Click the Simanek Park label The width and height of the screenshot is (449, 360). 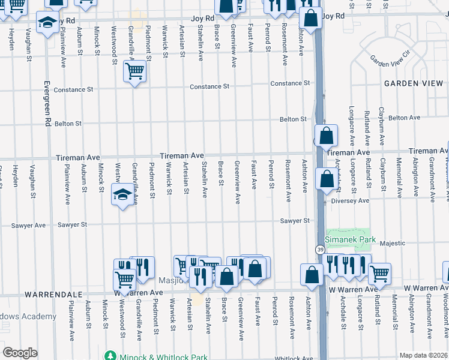click(352, 239)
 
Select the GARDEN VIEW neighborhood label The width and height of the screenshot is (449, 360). click(414, 83)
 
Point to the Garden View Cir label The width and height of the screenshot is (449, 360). click(389, 61)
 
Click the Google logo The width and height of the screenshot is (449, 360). click(20, 353)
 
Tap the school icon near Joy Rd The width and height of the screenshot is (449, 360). click(47, 23)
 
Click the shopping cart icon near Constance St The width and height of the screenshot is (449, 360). click(135, 72)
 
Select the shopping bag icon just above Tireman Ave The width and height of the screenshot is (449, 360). click(325, 136)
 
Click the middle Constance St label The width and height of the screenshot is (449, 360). click(209, 86)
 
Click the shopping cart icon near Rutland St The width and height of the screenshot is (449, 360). click(379, 273)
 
